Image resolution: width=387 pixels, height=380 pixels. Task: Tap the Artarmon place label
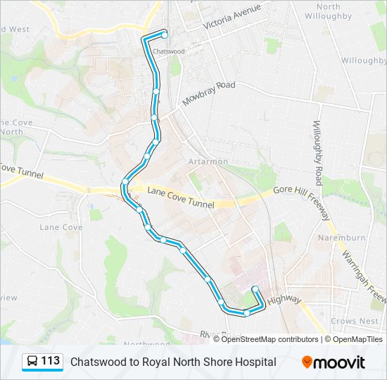tap(208, 161)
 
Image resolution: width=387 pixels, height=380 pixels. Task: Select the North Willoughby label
tap(329, 11)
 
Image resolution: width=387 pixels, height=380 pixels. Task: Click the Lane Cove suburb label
tap(61, 227)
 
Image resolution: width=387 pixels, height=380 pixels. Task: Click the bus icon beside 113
tap(32, 362)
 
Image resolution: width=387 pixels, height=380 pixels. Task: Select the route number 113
tap(50, 361)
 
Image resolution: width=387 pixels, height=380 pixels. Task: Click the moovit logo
tap(334, 362)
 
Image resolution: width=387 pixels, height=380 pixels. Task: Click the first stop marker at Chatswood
tap(165, 34)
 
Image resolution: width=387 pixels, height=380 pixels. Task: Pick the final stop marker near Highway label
tap(254, 290)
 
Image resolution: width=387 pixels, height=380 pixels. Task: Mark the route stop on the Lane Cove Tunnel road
tap(125, 182)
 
